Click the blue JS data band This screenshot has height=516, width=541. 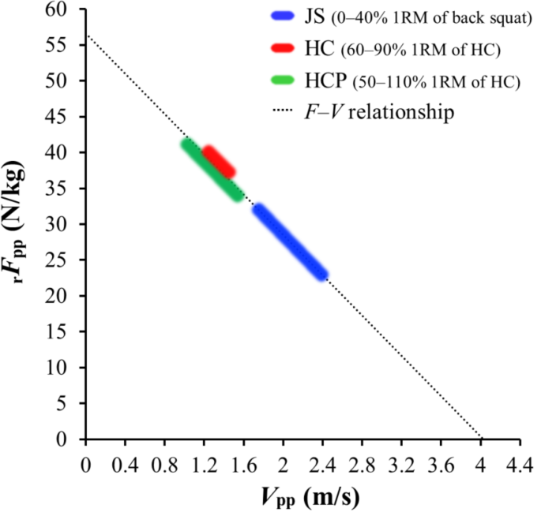click(290, 241)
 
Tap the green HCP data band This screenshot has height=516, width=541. click(212, 170)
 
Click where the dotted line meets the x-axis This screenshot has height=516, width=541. click(481, 439)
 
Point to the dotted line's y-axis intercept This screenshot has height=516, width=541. click(86, 34)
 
